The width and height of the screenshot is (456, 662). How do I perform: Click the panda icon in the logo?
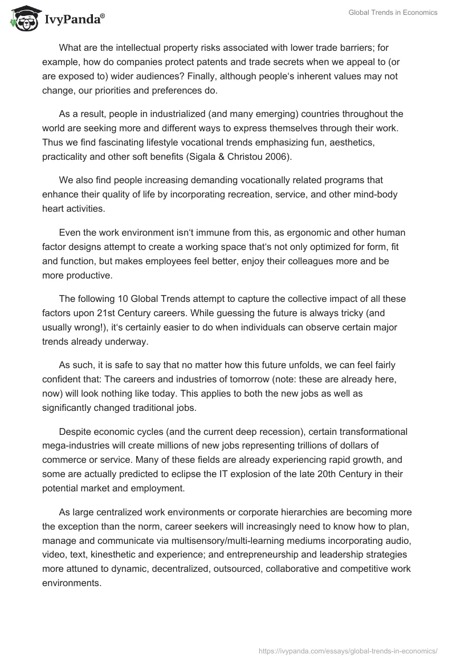23,19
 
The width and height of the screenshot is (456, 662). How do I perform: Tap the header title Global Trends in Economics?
393,13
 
